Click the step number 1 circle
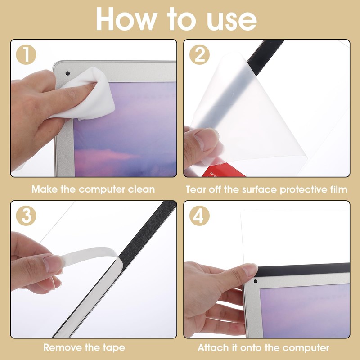pos(26,54)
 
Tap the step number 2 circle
pos(199,54)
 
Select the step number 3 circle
pos(26,216)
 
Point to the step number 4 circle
pos(199,216)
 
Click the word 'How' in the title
pos(126,19)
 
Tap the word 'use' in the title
pos(231,21)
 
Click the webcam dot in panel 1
pos(67,73)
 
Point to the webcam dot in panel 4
pos(256,281)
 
